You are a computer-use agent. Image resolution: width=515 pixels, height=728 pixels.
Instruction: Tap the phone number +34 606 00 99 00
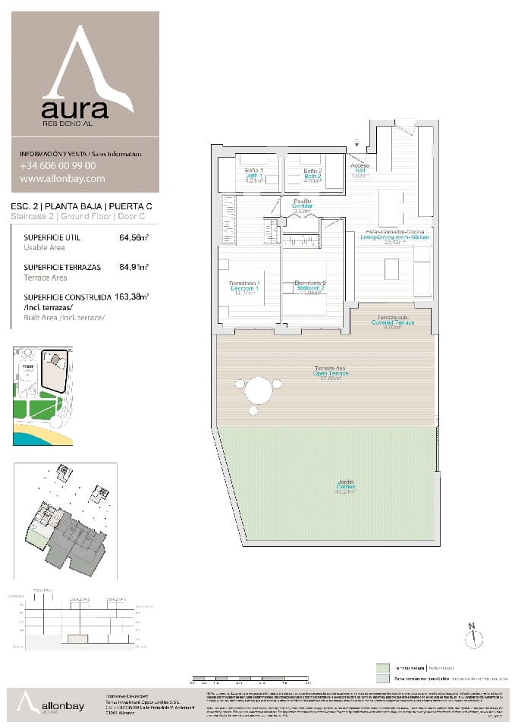point(58,165)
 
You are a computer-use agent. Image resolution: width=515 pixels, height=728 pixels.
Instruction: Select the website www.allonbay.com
point(62,179)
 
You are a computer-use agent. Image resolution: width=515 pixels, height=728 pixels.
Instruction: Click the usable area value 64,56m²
point(133,237)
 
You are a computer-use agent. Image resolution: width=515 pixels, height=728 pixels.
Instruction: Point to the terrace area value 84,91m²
point(133,267)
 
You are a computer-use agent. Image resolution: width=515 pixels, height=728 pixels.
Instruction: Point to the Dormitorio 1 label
point(245,288)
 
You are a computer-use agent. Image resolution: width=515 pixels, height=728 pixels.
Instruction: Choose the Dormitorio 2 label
point(309,288)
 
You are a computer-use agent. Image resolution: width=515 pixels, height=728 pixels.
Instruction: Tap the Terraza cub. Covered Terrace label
point(391,322)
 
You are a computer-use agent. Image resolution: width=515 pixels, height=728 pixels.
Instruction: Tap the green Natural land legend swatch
point(382,668)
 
